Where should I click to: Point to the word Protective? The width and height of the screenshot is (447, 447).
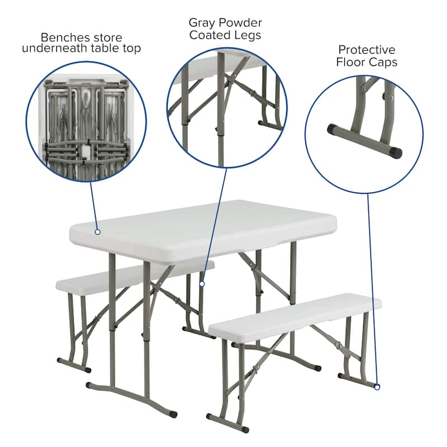(x=367, y=50)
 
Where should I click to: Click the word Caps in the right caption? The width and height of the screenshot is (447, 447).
(x=383, y=62)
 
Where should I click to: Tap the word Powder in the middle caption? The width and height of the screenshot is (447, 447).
(x=241, y=23)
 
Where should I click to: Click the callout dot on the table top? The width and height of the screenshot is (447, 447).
(x=97, y=231)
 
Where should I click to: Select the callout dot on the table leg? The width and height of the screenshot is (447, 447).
(x=202, y=283)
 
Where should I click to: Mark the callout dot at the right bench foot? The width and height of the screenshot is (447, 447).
(x=378, y=386)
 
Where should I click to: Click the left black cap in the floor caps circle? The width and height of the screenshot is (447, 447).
(x=332, y=129)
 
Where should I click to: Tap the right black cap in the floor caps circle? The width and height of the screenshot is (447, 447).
(x=396, y=151)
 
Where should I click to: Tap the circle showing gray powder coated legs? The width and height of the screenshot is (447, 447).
(x=226, y=106)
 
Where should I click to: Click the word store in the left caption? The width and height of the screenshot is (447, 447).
(x=104, y=37)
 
